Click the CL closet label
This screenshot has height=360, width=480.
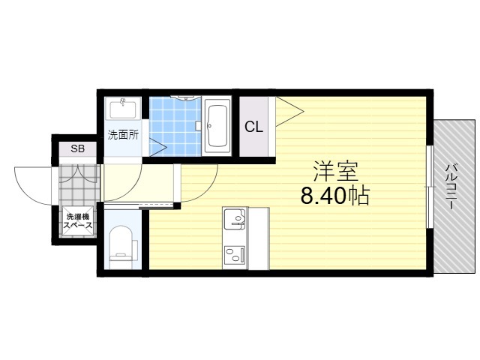click(x=253, y=127)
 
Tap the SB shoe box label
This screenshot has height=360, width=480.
click(x=77, y=148)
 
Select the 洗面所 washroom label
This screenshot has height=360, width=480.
click(x=123, y=135)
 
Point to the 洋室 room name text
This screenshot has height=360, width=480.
click(x=335, y=171)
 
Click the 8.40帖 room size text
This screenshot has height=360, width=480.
click(x=335, y=196)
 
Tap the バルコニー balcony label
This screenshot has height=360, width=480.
click(x=451, y=187)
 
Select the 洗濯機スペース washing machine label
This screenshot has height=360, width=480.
click(x=77, y=221)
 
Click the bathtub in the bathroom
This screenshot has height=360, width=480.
click(x=217, y=126)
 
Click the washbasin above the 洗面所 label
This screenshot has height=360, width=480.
click(x=123, y=108)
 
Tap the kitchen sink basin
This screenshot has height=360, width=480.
click(x=235, y=218)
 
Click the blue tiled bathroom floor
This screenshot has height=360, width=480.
click(x=175, y=127)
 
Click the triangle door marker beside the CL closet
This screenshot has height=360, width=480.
click(x=289, y=112)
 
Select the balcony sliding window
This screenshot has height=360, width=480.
click(x=430, y=187)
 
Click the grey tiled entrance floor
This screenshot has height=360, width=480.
click(x=78, y=185)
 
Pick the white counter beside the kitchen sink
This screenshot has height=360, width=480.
click(x=259, y=238)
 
